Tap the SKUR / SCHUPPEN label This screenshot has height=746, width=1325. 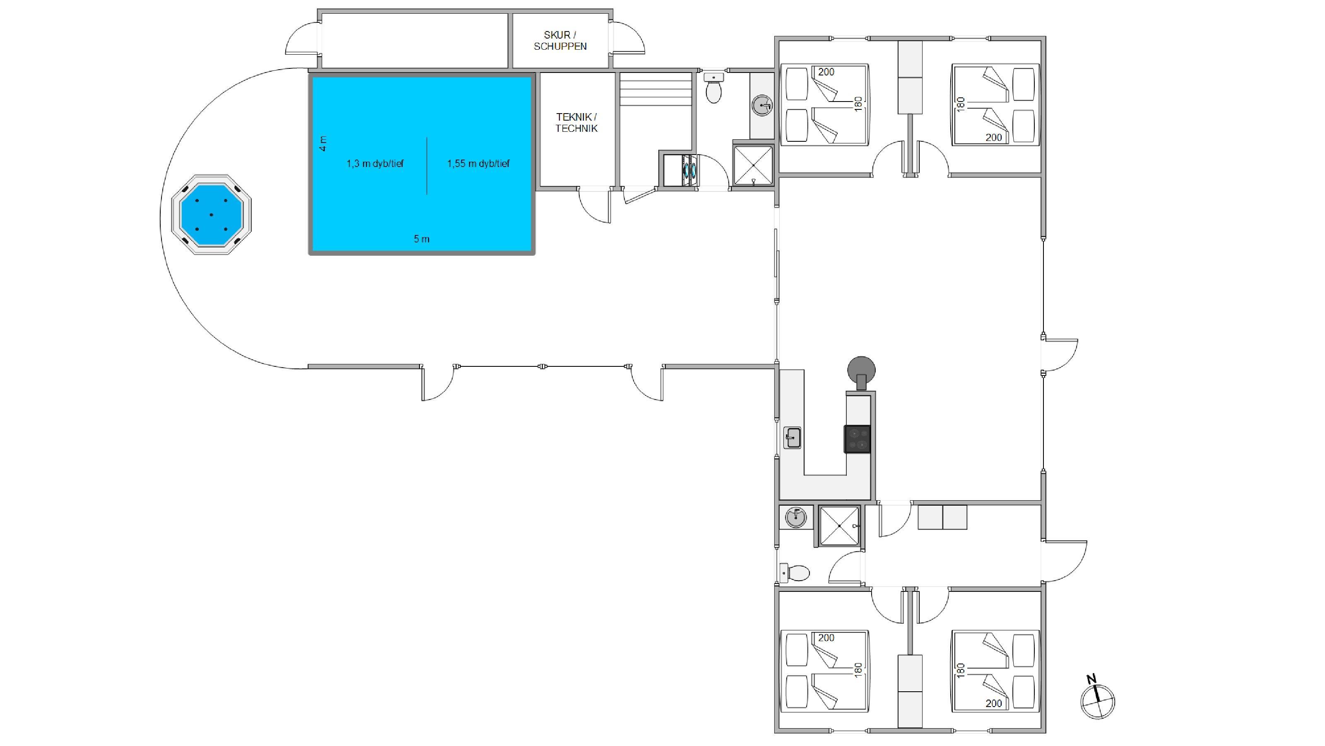[x=560, y=41]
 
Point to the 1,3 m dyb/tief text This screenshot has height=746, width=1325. [x=375, y=164]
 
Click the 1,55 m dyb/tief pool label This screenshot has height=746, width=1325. [x=478, y=164]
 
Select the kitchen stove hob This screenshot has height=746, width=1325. [x=858, y=439]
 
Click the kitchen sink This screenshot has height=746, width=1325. [x=792, y=438]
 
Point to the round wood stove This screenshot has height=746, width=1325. [x=862, y=372]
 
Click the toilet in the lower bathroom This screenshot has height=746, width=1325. [x=795, y=572]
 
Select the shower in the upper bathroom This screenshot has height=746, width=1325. [x=753, y=165]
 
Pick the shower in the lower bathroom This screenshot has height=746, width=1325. [x=839, y=526]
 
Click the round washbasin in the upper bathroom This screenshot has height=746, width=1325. [x=762, y=106]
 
